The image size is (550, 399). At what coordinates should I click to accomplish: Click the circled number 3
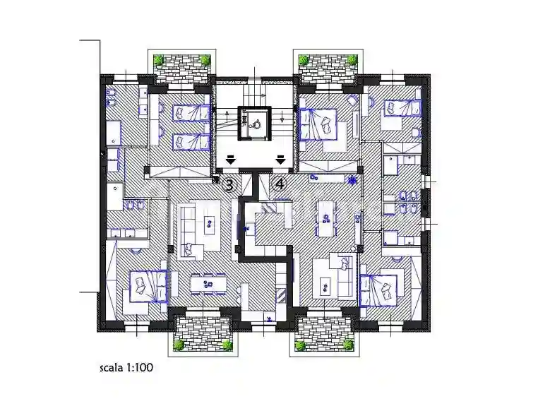(229, 185)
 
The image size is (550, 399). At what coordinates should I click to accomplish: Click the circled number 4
(280, 184)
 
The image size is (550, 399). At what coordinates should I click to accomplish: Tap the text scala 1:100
(126, 368)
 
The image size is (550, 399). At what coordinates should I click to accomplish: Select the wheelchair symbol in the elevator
(256, 124)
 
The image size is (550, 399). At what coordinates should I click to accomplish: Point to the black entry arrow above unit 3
(230, 160)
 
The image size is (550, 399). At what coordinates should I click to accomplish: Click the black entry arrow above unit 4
(280, 160)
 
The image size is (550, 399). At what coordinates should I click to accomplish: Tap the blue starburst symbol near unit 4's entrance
(352, 180)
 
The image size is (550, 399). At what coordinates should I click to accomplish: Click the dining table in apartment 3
(208, 284)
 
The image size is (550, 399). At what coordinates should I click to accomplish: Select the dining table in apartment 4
(326, 219)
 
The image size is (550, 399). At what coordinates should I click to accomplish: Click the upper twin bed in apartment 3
(191, 113)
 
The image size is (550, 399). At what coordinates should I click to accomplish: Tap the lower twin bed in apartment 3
(191, 142)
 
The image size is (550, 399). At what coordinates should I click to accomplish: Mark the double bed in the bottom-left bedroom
(148, 285)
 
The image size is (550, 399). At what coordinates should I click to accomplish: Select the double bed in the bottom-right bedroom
(378, 290)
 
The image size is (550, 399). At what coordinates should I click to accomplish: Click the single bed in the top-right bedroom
(402, 108)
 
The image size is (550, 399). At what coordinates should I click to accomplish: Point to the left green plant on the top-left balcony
(160, 59)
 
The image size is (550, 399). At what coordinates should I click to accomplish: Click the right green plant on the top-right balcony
(352, 59)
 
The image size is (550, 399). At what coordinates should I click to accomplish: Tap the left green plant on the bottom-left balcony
(179, 345)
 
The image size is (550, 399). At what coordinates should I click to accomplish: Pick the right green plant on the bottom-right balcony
(348, 345)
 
